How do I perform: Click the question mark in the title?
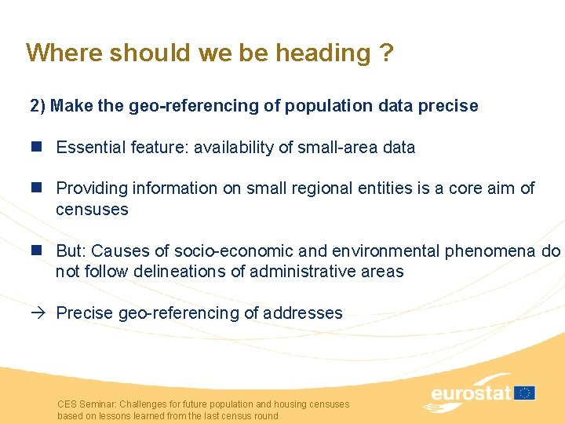tap(387, 53)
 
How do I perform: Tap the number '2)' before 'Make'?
tap(38, 106)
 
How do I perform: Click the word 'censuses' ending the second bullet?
tap(92, 210)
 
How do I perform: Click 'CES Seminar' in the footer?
tap(83, 404)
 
